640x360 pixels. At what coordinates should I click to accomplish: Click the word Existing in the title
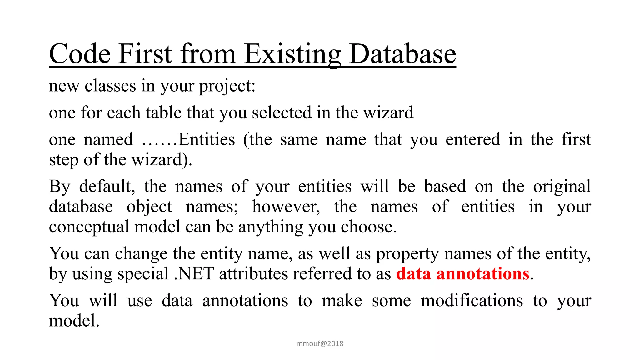(x=292, y=54)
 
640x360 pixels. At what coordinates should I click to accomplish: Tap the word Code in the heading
(x=80, y=54)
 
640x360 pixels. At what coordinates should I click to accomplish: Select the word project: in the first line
(x=227, y=86)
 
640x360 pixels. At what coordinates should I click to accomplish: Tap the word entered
(x=473, y=139)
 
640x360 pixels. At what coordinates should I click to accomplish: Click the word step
(x=63, y=160)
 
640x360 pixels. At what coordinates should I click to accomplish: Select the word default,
(x=107, y=187)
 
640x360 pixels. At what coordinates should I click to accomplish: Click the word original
(x=562, y=187)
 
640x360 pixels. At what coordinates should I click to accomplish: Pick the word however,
(x=286, y=207)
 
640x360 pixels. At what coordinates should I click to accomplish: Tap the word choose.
(x=368, y=227)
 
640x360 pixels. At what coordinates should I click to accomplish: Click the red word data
(x=413, y=274)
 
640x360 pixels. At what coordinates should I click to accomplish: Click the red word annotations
(x=483, y=274)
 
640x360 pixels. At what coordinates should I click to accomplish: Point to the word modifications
(x=472, y=301)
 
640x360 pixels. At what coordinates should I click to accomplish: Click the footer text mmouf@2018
(x=320, y=344)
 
